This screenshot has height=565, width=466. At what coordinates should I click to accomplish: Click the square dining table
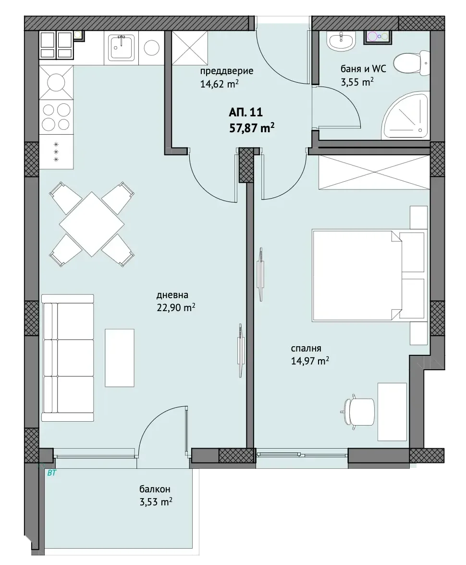tap(92, 224)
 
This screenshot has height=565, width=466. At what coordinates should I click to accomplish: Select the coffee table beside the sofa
tap(120, 357)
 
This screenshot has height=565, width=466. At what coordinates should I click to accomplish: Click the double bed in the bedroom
tap(368, 275)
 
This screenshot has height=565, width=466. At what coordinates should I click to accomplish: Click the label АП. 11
tap(245, 112)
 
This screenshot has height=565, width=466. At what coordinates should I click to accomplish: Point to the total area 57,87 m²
tap(252, 127)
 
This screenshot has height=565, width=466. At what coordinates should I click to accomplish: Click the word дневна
tap(172, 295)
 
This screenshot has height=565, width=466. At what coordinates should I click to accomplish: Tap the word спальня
tap(306, 349)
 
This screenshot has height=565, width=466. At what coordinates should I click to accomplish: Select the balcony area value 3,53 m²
tap(156, 501)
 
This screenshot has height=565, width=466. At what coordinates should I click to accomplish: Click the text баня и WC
tap(363, 68)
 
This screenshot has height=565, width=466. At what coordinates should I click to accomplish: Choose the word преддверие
tap(227, 71)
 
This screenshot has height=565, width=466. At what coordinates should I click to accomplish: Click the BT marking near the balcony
tap(51, 473)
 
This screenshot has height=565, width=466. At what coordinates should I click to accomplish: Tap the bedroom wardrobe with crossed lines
tap(374, 172)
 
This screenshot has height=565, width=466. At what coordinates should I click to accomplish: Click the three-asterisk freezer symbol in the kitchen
tap(56, 152)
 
